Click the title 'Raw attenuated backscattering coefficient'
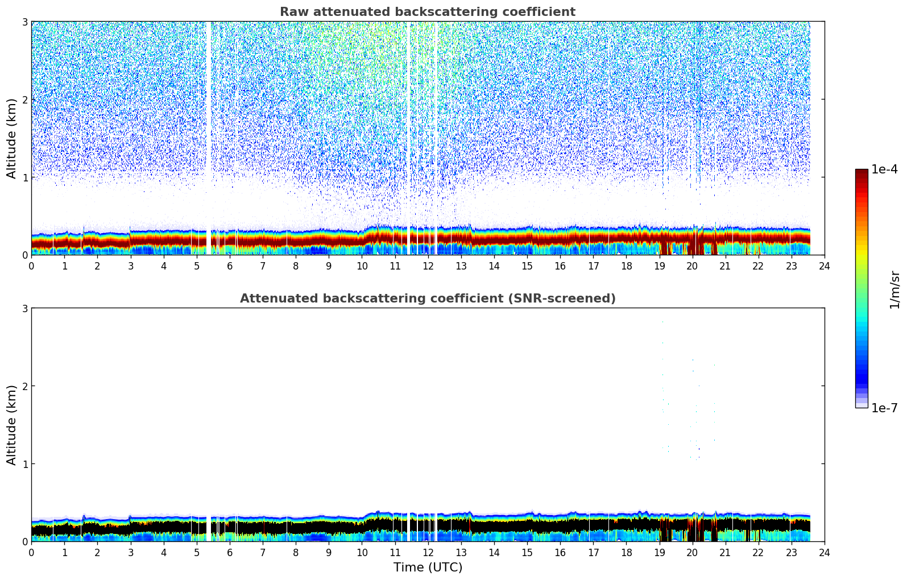click(x=427, y=12)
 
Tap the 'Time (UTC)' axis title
click(x=428, y=567)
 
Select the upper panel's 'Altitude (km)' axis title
click(x=12, y=138)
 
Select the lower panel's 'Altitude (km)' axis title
click(x=12, y=425)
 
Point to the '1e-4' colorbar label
click(x=884, y=169)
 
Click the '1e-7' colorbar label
click(x=884, y=408)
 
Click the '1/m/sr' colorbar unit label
click(x=894, y=289)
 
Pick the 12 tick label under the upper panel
click(x=428, y=266)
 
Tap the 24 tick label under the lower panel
click(x=824, y=552)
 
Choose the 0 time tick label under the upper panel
click(x=31, y=266)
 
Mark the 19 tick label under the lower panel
click(x=659, y=552)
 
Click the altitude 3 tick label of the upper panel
click(x=24, y=22)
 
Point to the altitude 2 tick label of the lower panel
click(x=24, y=386)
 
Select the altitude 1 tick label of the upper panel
click(x=24, y=177)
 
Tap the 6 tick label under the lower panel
click(x=230, y=552)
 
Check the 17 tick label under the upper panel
click(x=593, y=266)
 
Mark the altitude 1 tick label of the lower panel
click(x=24, y=464)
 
